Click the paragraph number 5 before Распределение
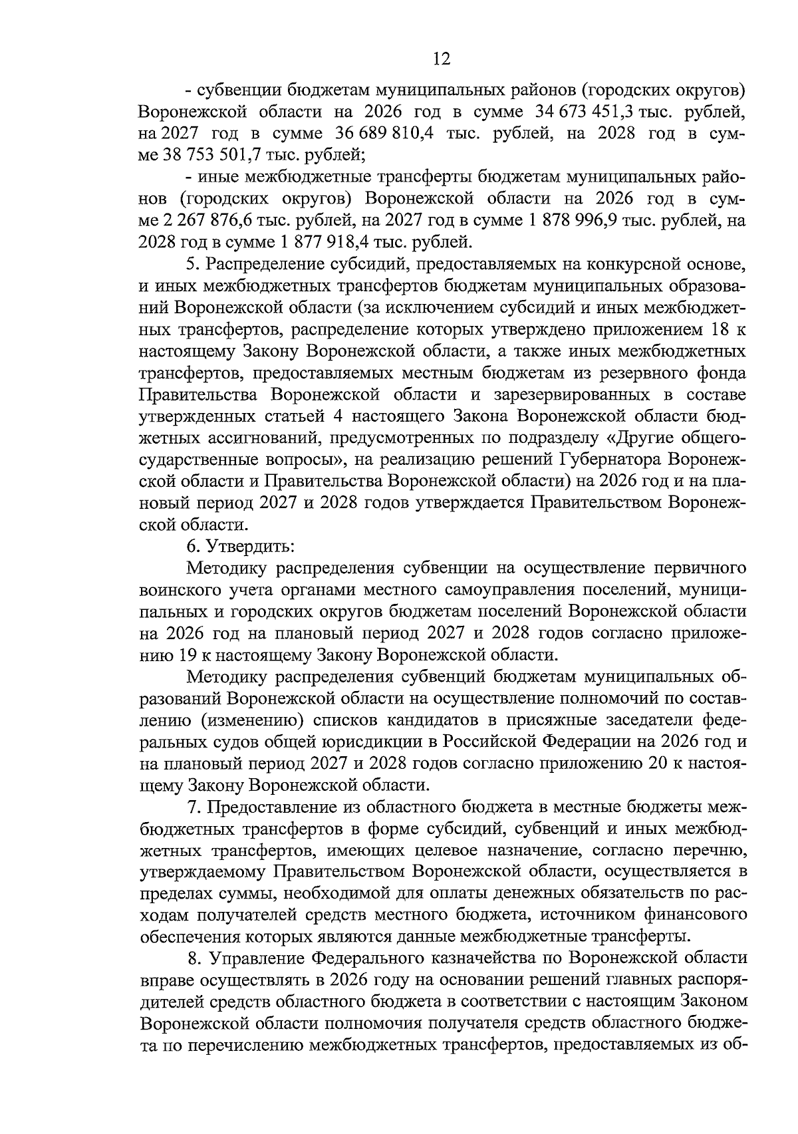tap(192, 264)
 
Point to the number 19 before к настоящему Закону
tap(186, 654)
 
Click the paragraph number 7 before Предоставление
tap(193, 807)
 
